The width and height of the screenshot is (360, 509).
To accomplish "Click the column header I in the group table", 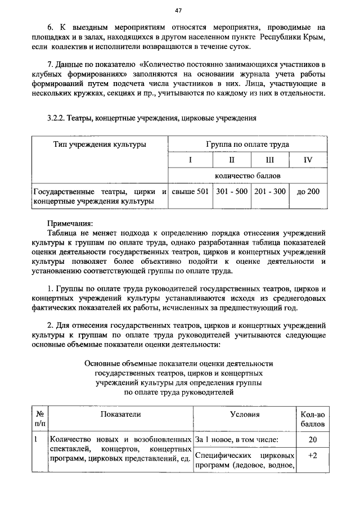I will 190,160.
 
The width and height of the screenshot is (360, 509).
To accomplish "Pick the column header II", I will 231,160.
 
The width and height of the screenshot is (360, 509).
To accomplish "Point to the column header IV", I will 308,160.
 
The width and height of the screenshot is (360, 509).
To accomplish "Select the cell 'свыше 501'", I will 190,192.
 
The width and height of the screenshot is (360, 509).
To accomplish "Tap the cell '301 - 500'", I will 231,192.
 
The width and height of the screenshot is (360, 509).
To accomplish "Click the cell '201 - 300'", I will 270,192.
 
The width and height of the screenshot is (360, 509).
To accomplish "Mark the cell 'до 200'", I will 308,192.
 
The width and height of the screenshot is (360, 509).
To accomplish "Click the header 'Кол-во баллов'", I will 313,420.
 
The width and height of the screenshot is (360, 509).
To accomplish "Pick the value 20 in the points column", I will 313,439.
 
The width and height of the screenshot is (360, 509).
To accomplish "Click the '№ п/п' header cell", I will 39,420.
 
